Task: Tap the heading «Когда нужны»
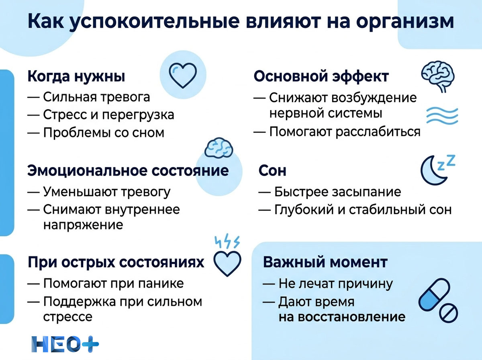point(76,76)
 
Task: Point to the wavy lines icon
point(441,115)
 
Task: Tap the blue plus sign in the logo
point(89,344)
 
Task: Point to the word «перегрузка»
point(137,115)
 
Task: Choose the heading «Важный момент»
point(325,262)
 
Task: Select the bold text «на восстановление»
point(342,317)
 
